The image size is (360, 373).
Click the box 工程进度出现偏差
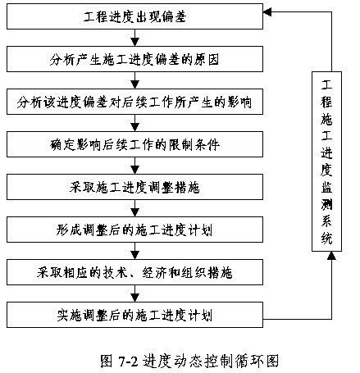click(134, 16)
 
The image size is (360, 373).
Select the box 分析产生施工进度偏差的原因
click(134, 59)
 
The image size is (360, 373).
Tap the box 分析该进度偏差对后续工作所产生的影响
click(134, 102)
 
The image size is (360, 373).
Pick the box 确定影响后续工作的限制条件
click(134, 144)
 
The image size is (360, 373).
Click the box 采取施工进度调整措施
click(134, 187)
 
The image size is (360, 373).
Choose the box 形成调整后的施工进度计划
click(134, 230)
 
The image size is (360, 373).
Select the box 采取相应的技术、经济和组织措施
click(134, 272)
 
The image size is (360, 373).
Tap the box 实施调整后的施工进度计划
click(134, 315)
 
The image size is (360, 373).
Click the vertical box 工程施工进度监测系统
click(326, 161)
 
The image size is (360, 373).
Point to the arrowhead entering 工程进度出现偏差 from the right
click(267, 12)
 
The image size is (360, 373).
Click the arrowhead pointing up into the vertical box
click(331, 256)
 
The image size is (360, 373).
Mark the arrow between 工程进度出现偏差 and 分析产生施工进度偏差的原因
click(135, 38)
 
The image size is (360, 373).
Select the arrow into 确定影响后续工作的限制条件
click(135, 123)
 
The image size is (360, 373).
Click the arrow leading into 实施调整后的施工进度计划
click(135, 293)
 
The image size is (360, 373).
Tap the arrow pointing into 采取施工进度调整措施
click(135, 166)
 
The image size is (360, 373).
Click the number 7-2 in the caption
click(128, 362)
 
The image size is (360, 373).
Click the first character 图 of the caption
click(107, 361)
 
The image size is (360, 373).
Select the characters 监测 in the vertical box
click(326, 195)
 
